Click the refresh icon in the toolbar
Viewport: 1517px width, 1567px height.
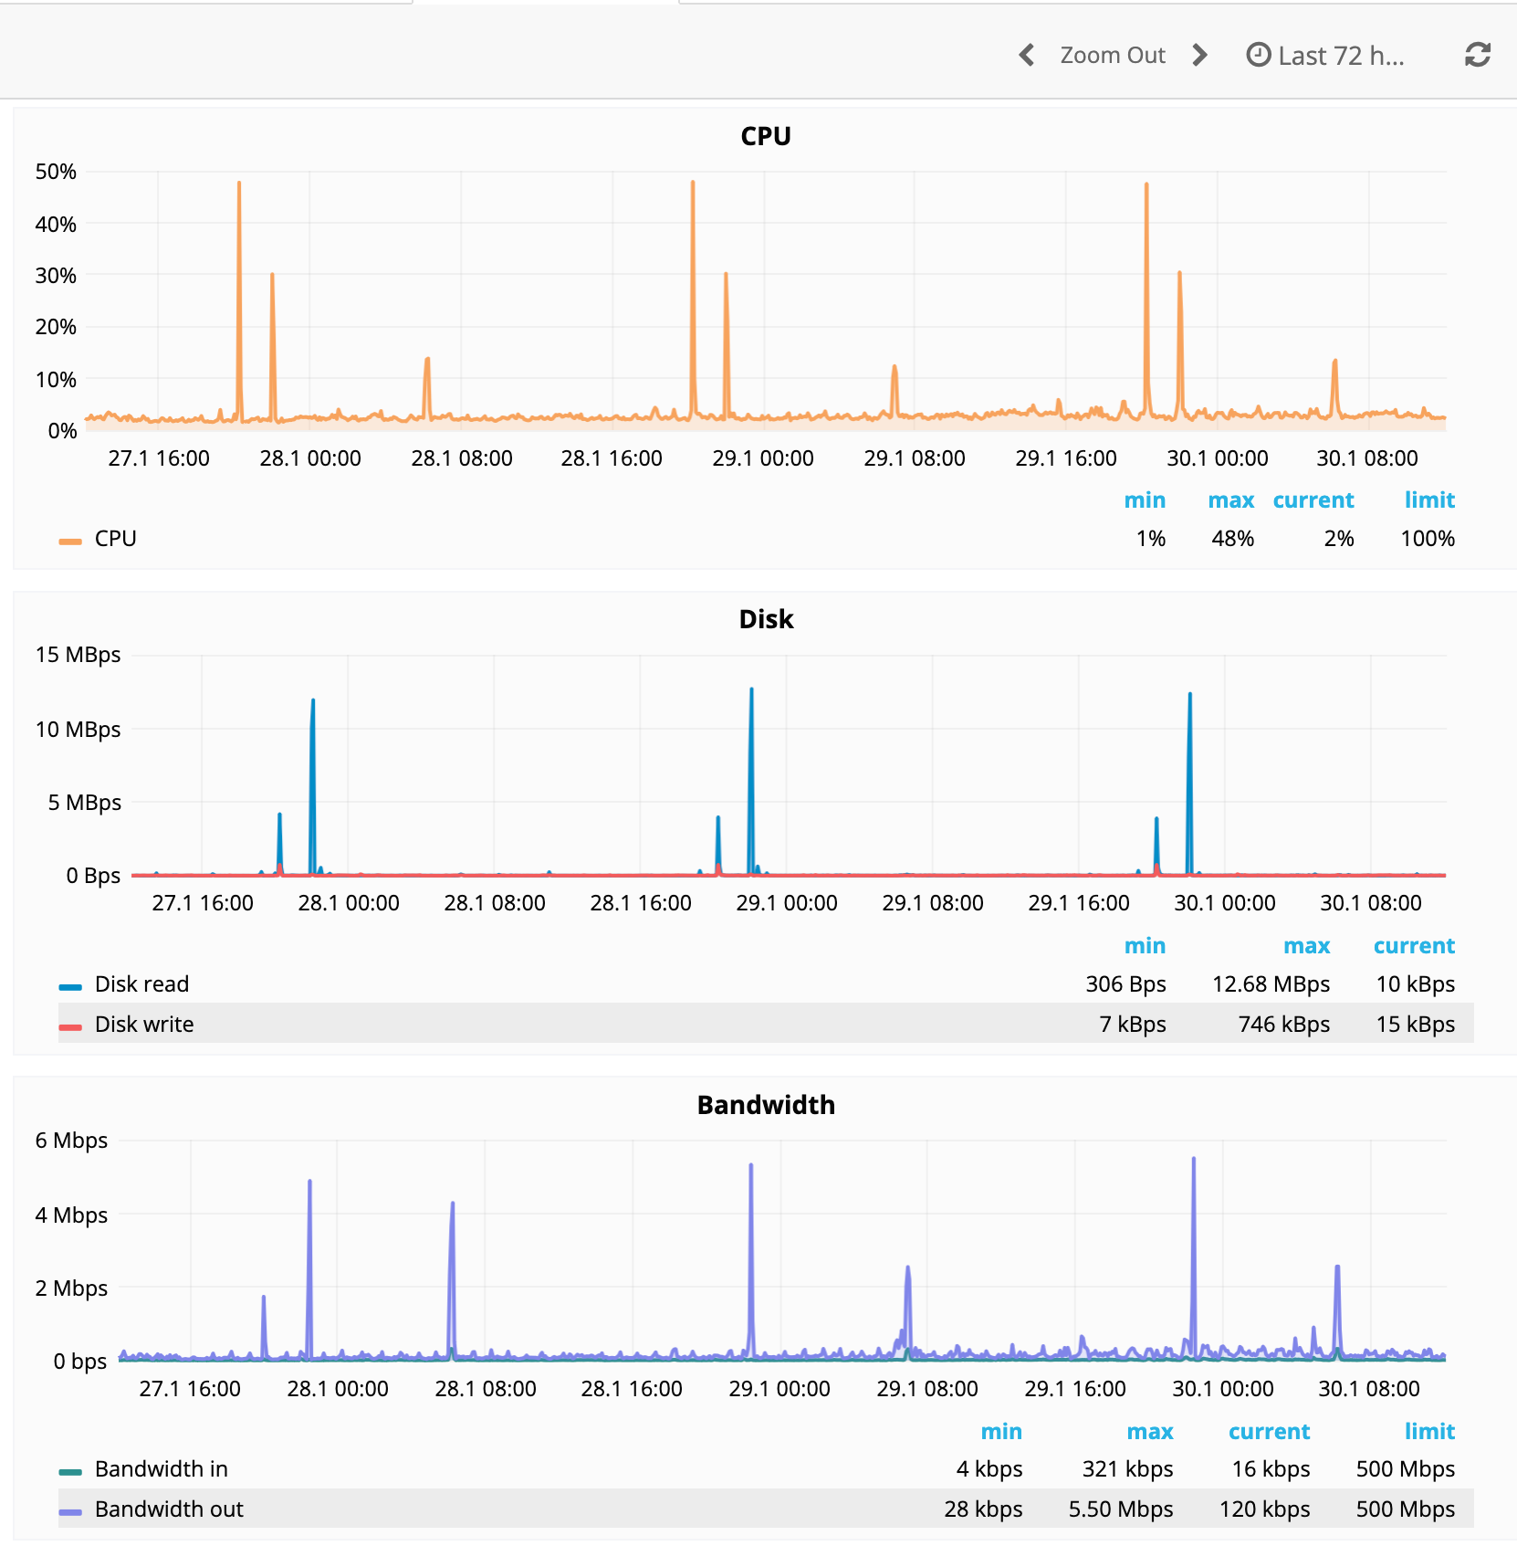1477,56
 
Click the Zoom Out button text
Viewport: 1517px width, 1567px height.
1112,56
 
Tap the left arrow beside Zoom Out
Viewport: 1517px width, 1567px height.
1027,56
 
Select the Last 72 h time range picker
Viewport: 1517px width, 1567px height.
1325,56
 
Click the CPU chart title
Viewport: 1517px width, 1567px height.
765,136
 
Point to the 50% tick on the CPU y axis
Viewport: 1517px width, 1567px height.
56,172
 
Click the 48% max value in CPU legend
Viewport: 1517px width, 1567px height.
1232,539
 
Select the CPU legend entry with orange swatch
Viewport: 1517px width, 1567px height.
115,539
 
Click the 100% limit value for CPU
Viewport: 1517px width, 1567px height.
1427,539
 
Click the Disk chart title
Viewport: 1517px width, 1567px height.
765,619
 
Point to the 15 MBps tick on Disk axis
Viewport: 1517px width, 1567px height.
78,655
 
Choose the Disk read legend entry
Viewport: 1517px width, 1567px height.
141,984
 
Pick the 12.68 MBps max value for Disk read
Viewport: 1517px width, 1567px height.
1270,984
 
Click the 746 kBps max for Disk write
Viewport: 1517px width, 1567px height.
1282,1025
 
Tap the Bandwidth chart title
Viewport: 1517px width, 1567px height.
765,1105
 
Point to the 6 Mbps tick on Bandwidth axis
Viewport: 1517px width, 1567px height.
71,1141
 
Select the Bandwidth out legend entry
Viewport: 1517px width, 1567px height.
169,1509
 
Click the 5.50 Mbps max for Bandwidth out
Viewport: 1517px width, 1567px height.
1120,1509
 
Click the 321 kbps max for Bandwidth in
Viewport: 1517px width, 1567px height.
1127,1469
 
